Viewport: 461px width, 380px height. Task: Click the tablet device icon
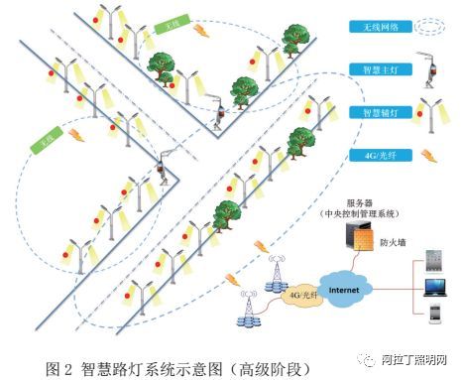tap(433, 262)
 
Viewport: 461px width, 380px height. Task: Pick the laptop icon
tap(434, 289)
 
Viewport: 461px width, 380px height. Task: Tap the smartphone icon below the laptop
tap(434, 315)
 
